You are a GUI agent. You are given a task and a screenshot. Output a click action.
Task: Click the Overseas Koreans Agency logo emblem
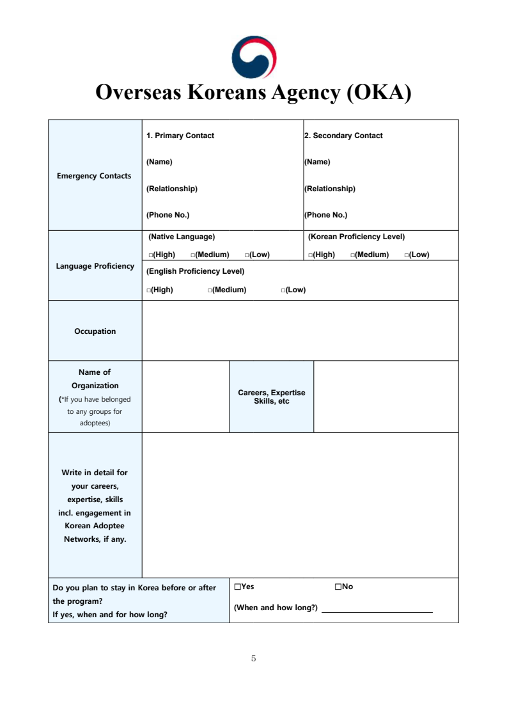(254, 57)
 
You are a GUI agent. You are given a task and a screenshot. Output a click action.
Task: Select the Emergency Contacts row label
(94, 176)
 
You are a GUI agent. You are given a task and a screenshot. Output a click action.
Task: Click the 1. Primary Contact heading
(180, 136)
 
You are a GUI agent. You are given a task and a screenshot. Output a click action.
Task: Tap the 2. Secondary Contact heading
(343, 136)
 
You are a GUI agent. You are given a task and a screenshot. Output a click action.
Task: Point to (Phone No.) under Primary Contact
(168, 215)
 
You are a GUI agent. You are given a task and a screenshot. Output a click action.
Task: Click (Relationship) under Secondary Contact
(330, 189)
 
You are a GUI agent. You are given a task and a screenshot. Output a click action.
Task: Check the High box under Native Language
(151, 255)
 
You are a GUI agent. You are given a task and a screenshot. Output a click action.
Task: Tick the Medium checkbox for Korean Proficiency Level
(353, 255)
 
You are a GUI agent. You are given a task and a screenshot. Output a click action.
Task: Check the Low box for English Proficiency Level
(283, 290)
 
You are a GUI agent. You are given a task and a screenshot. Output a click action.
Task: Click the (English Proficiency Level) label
(196, 271)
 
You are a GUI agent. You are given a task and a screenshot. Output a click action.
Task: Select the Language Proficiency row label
(95, 266)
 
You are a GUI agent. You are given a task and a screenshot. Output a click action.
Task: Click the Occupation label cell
(95, 331)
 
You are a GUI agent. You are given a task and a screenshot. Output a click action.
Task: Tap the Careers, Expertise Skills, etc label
(272, 397)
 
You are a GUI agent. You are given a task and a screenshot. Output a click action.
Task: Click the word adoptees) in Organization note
(95, 423)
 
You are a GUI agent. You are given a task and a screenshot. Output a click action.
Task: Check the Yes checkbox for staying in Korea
(237, 587)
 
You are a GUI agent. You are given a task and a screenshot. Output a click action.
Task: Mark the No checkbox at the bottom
(338, 587)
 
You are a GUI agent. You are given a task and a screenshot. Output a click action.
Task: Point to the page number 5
(254, 658)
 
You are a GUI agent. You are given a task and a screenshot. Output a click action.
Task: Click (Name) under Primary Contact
(159, 162)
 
